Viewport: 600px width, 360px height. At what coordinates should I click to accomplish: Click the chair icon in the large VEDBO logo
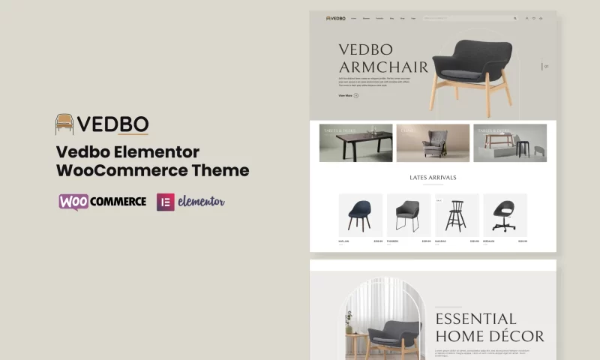64,124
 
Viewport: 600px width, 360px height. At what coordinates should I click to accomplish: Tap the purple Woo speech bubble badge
73,202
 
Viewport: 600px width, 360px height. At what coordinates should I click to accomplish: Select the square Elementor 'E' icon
165,202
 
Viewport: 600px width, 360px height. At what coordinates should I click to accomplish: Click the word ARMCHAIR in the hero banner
383,67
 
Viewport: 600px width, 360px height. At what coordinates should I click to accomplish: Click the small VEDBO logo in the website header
336,18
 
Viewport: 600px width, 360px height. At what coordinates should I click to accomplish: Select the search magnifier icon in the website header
514,18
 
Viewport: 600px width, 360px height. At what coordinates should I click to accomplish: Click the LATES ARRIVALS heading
433,178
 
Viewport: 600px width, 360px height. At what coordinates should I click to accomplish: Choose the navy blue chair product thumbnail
360,214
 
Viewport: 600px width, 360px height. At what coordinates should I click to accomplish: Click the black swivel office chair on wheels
505,214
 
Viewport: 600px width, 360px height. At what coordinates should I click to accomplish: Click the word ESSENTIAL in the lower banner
475,319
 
